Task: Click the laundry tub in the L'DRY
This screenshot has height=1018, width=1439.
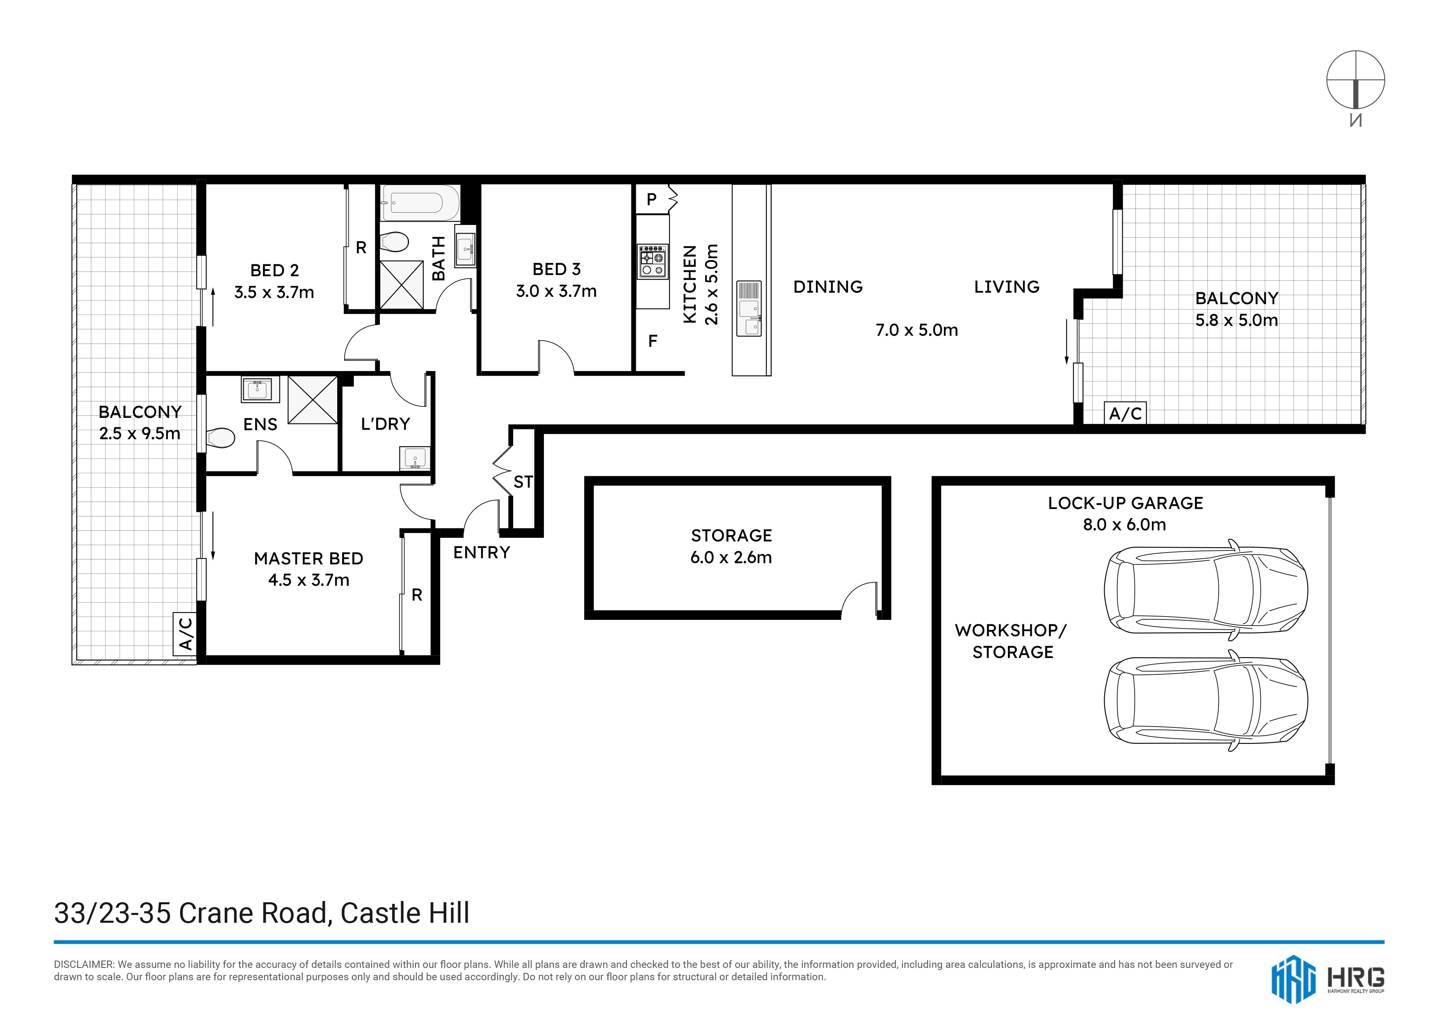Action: (x=415, y=459)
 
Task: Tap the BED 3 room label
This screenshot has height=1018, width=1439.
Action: (x=557, y=269)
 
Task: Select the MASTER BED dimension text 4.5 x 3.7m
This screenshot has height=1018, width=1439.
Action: (x=308, y=580)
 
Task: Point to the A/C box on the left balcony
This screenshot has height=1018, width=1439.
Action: (x=185, y=634)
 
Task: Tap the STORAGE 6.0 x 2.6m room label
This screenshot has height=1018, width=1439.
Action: (x=731, y=546)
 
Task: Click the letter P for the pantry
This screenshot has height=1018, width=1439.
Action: (x=652, y=199)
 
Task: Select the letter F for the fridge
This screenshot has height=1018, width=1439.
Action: (x=653, y=341)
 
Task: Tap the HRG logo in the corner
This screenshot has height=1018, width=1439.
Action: (x=1328, y=979)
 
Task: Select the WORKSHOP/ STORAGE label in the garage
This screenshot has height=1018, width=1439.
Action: (x=1011, y=641)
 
